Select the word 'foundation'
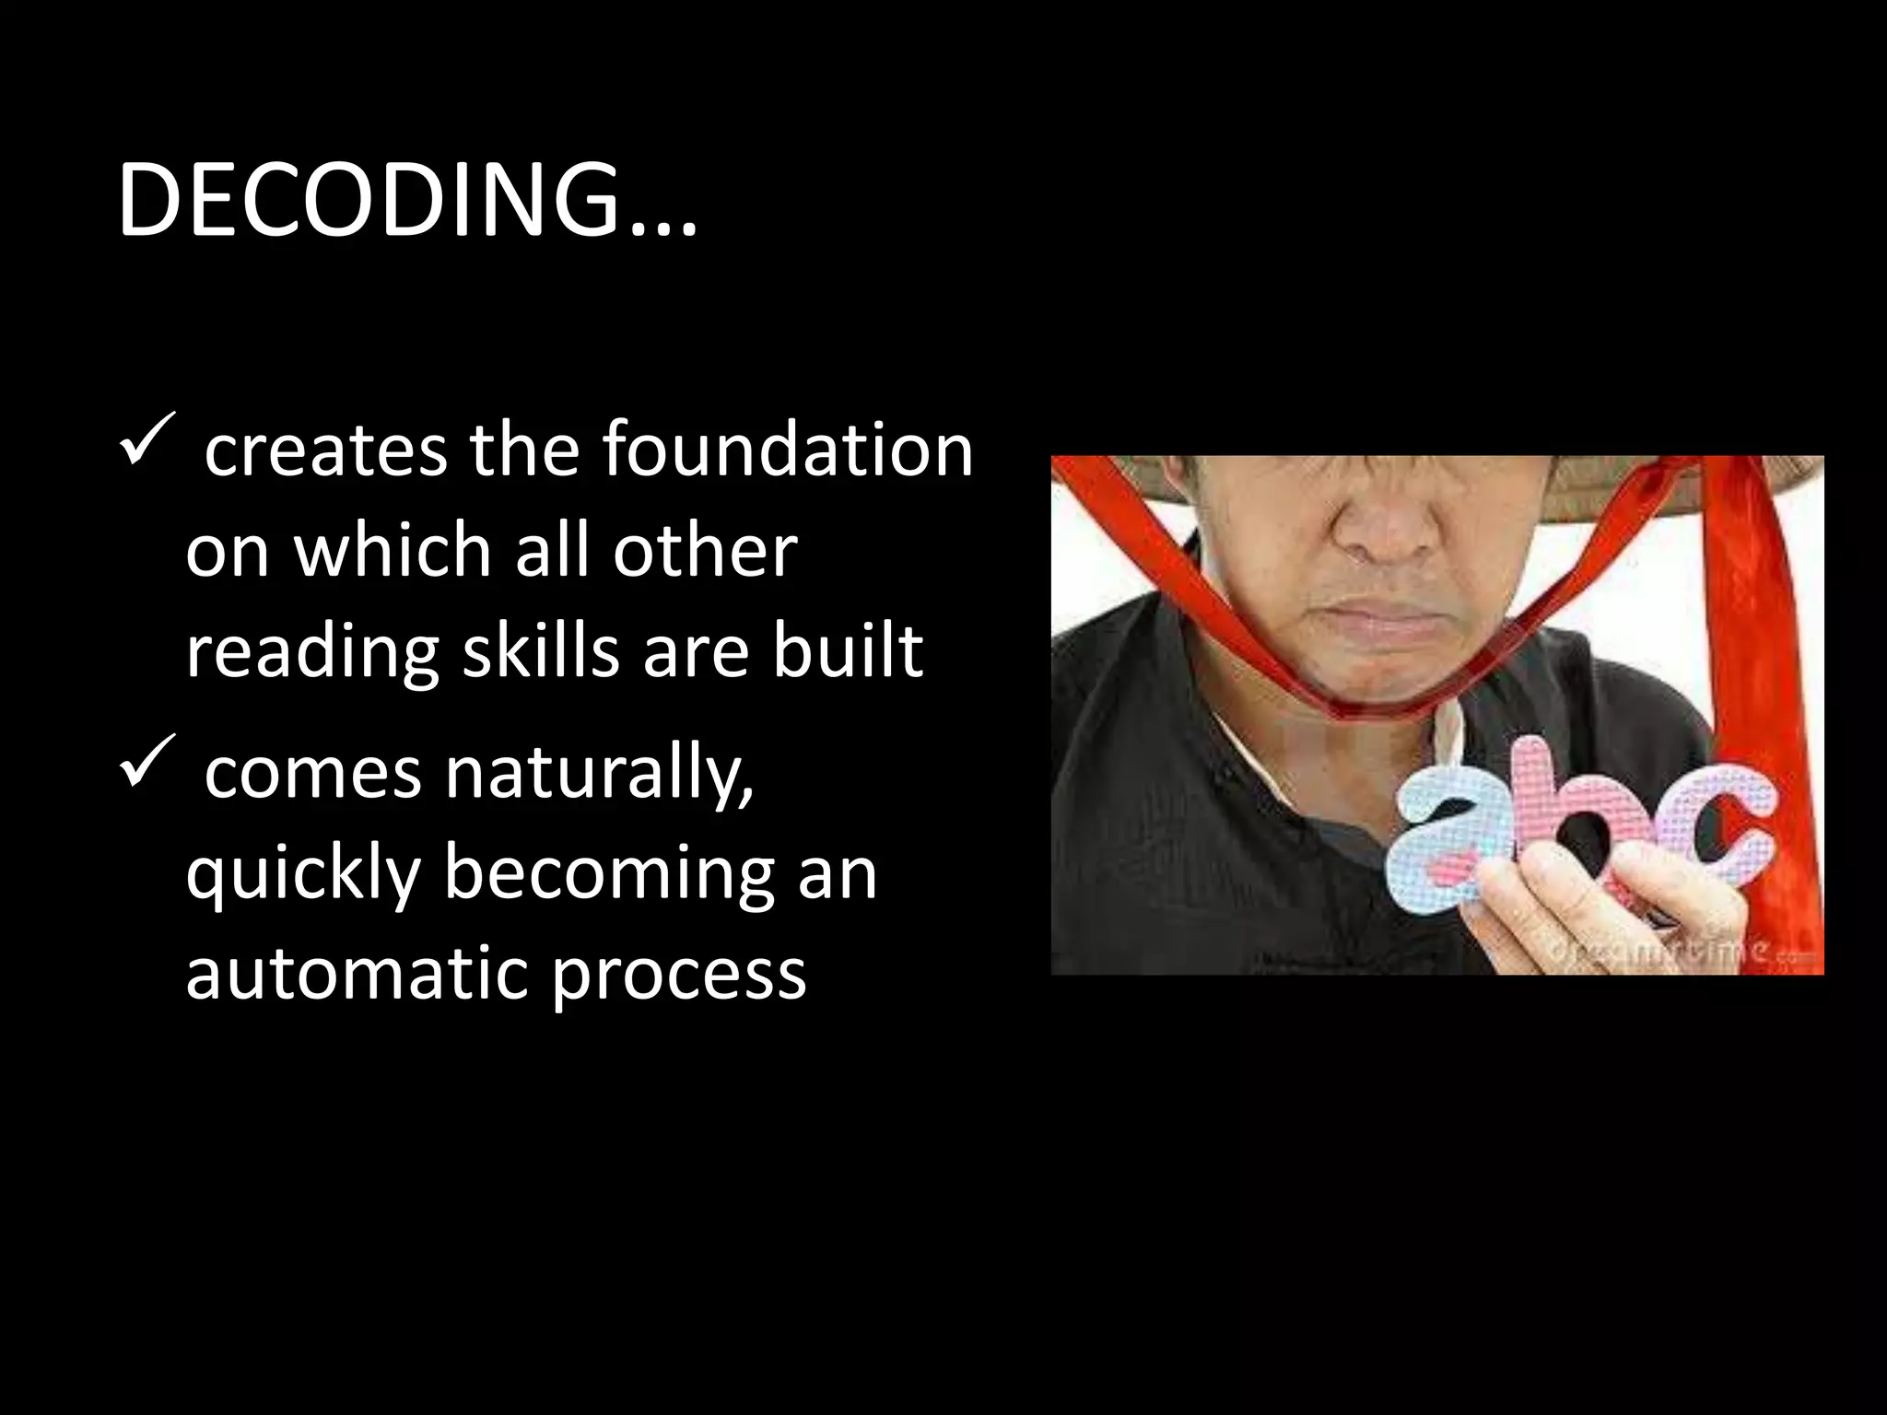point(788,449)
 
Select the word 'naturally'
point(599,775)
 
